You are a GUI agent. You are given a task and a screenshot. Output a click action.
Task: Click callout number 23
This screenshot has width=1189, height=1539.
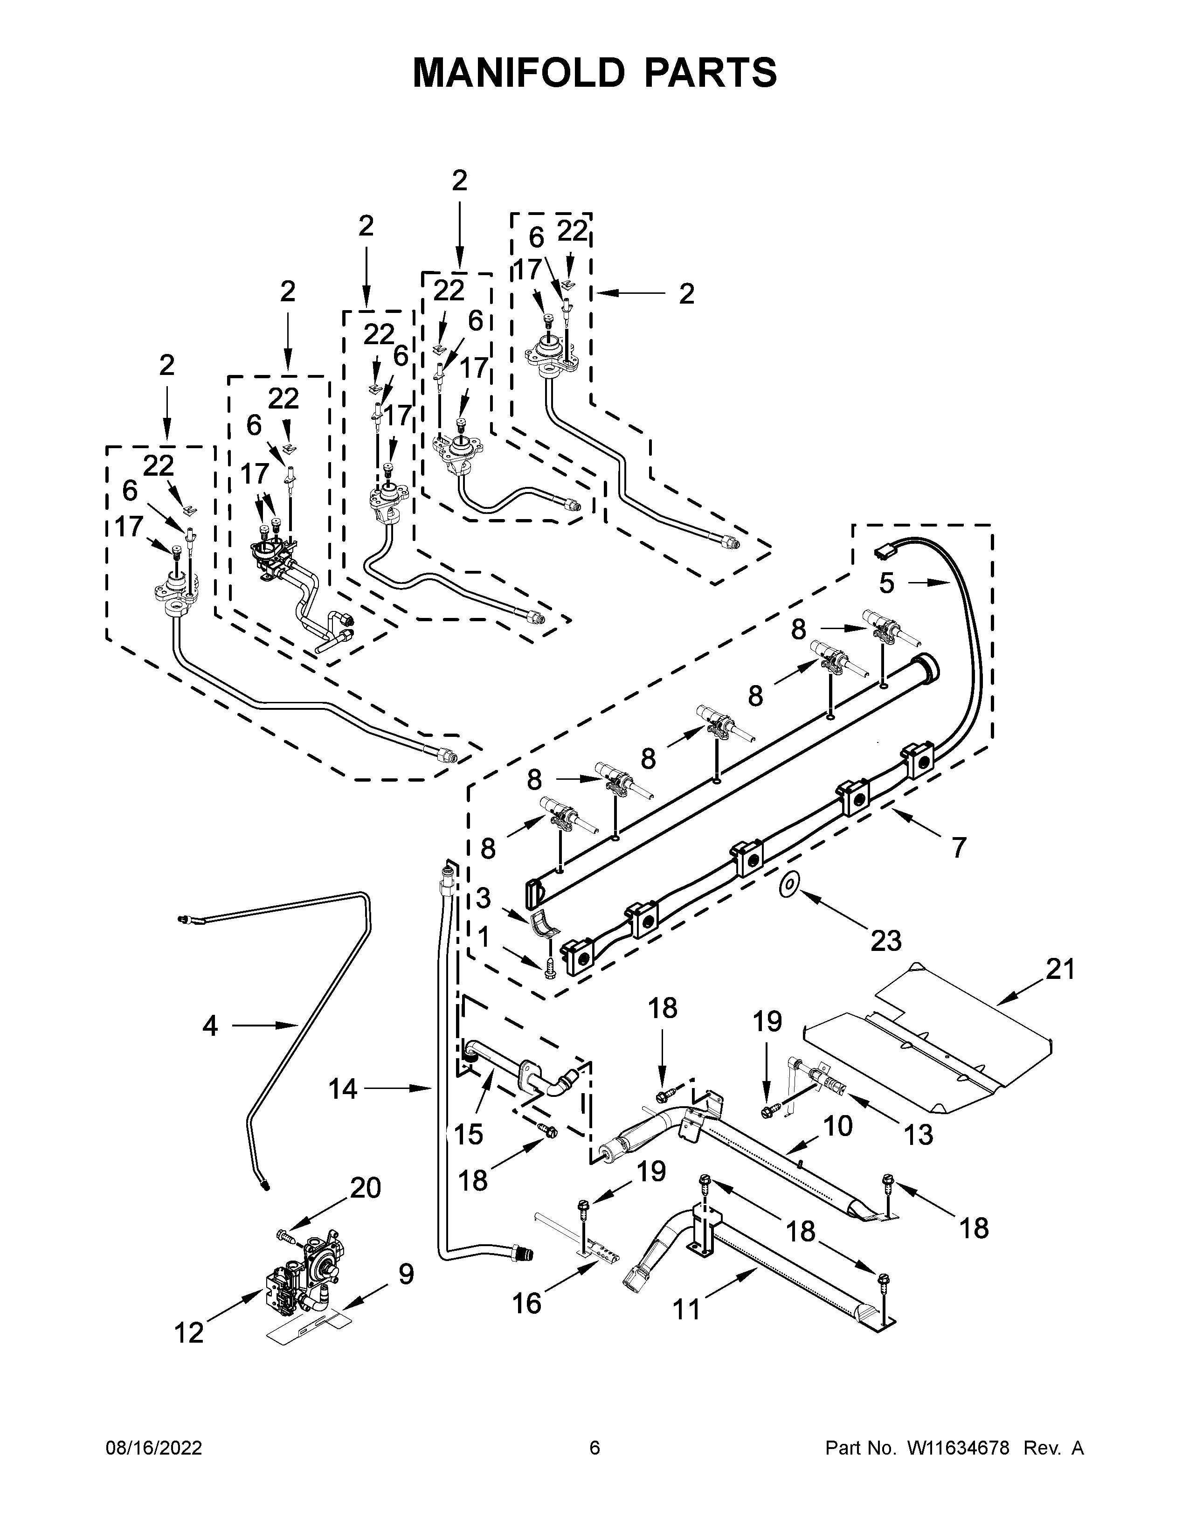[x=885, y=940]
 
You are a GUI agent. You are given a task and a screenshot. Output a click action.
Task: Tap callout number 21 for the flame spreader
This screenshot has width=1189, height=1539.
[x=1060, y=970]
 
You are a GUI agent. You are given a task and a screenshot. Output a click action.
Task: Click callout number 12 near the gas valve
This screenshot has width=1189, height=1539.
[x=189, y=1332]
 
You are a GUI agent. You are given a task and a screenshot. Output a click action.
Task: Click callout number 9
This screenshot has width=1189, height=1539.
[x=406, y=1274]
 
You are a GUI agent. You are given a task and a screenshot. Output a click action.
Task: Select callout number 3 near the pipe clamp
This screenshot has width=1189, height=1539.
[x=483, y=899]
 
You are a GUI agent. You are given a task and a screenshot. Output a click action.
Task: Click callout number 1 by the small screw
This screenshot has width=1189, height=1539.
[x=483, y=938]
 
